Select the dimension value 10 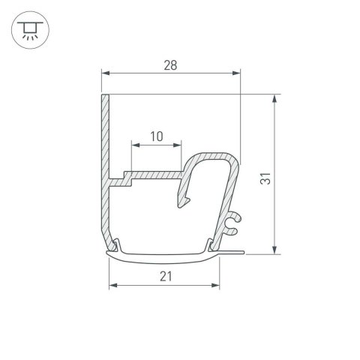[157, 136]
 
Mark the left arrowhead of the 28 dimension [106, 73]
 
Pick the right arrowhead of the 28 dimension [238, 73]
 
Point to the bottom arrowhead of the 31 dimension [277, 250]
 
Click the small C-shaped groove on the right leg [234, 219]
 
